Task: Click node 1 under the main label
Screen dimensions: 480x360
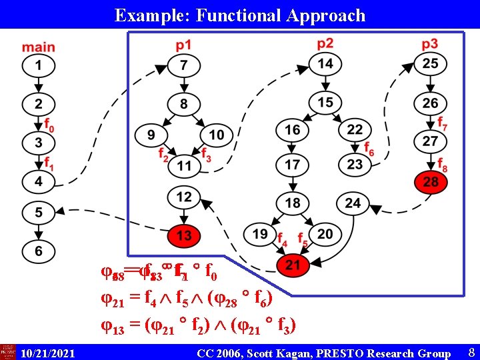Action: pos(38,66)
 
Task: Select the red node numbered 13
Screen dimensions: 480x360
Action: pos(184,235)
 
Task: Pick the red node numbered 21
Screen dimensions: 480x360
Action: pos(293,266)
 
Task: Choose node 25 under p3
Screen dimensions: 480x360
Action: pos(431,64)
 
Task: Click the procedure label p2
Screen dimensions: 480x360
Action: pos(325,44)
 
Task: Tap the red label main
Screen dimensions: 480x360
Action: pos(38,47)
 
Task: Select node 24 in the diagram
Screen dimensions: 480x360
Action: pos(353,203)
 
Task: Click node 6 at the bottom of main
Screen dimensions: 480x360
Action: pos(38,251)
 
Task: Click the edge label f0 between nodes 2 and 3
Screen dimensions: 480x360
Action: pos(49,123)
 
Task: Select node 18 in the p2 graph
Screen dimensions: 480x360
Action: pos(293,203)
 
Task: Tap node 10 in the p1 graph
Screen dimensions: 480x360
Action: pos(216,135)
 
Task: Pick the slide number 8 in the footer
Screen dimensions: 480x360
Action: pos(471,352)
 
